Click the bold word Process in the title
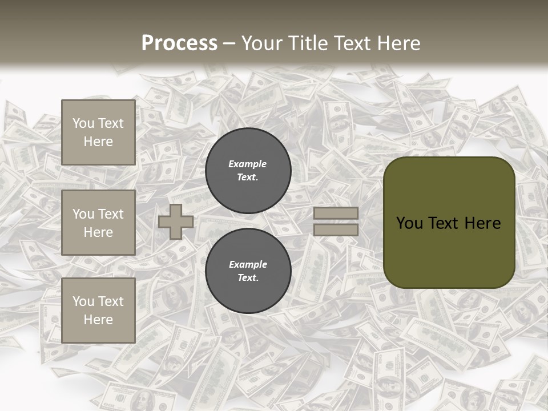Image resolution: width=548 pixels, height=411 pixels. pyautogui.click(x=179, y=43)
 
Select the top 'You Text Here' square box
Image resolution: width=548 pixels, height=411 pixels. pyautogui.click(x=98, y=132)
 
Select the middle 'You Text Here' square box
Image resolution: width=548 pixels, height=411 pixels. pyautogui.click(x=98, y=223)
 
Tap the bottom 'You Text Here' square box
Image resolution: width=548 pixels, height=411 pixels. pyautogui.click(x=98, y=310)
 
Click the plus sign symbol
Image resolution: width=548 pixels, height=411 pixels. pyautogui.click(x=176, y=221)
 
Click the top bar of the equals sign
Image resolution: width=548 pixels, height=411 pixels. pyautogui.click(x=336, y=213)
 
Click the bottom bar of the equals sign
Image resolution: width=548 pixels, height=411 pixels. pyautogui.click(x=336, y=229)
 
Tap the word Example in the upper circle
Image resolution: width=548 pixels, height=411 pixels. pyautogui.click(x=248, y=164)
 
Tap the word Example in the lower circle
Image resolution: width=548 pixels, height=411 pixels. pyautogui.click(x=248, y=264)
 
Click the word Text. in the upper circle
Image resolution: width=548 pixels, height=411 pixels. pyautogui.click(x=248, y=178)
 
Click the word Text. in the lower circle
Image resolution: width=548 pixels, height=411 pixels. pyautogui.click(x=248, y=278)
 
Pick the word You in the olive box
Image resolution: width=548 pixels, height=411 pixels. pyautogui.click(x=409, y=223)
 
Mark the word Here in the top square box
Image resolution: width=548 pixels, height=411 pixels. pyautogui.click(x=98, y=142)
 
